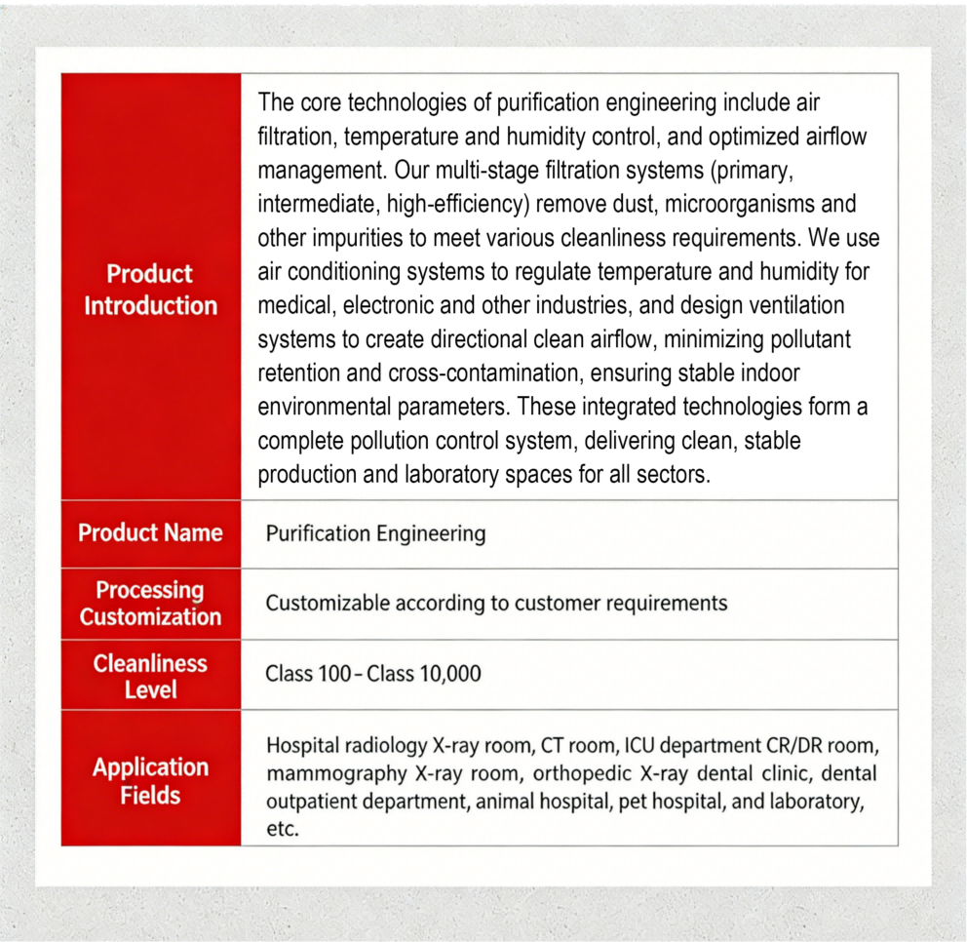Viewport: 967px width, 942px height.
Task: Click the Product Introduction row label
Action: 150,290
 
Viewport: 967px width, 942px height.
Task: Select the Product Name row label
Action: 150,532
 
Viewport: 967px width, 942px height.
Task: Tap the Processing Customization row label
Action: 150,604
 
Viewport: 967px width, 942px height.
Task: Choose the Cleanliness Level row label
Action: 150,676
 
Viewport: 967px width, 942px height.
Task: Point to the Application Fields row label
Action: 150,781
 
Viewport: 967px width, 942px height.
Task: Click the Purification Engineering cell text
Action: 375,533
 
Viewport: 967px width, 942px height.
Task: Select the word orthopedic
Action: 577,774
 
